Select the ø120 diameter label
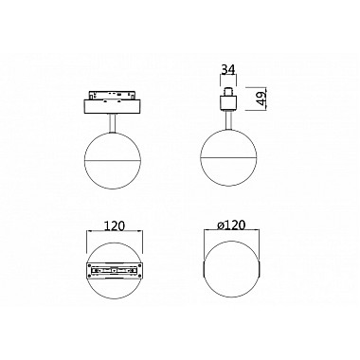pos(229,228)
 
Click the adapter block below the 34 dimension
pos(229,98)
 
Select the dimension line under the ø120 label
pos(230,237)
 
